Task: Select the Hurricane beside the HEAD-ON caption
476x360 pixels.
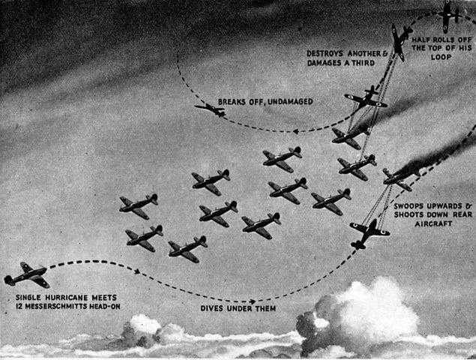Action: (x=27, y=274)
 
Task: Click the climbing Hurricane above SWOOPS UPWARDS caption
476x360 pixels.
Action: (x=369, y=232)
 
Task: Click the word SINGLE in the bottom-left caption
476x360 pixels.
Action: (x=29, y=297)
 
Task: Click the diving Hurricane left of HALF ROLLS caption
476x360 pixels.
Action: (x=400, y=41)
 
